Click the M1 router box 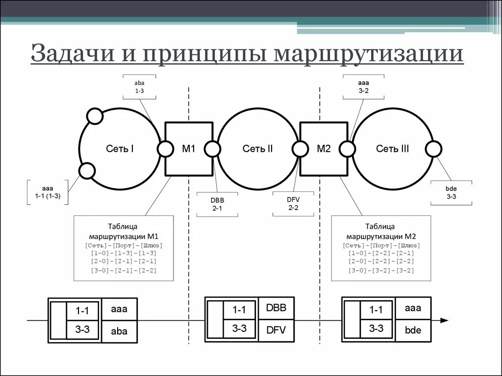189,149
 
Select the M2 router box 324,149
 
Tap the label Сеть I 120,149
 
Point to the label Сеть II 258,149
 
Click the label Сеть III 393,149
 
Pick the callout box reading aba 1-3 139,87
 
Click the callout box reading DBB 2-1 217,204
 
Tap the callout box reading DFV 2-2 293,203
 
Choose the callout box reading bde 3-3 451,192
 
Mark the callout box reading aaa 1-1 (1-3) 48,191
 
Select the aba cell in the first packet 119,331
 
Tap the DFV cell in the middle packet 276,331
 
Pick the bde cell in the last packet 413,330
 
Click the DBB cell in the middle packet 276,308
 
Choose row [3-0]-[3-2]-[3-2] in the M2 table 381,271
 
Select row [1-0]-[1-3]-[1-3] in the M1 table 124,253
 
